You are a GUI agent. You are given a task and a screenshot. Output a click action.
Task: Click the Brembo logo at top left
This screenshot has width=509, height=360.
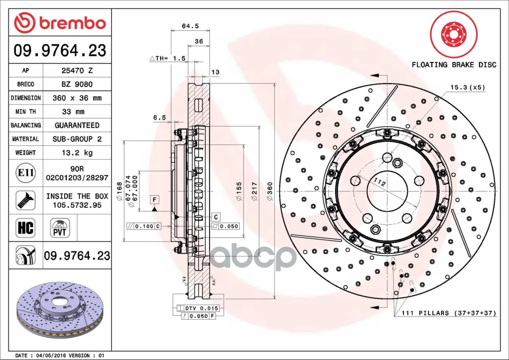point(60,23)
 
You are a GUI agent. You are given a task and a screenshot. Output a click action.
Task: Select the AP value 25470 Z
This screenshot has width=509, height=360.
point(77,71)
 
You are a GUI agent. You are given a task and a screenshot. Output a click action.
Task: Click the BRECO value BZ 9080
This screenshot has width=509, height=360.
point(77,84)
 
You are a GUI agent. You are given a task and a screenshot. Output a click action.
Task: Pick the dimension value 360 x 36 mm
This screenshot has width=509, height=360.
point(77,98)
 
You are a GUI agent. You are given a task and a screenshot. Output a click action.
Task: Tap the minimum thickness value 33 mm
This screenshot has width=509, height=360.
point(73,112)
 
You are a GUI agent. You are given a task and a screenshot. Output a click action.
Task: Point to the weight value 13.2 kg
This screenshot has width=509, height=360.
point(77,153)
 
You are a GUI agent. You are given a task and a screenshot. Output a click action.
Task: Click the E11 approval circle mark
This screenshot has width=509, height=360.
point(26,173)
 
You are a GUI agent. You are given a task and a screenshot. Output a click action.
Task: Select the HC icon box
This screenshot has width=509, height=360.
point(25,228)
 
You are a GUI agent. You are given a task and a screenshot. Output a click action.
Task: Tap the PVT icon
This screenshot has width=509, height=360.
point(60,228)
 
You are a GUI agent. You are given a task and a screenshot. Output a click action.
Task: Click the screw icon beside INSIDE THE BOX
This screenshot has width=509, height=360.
point(25,200)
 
